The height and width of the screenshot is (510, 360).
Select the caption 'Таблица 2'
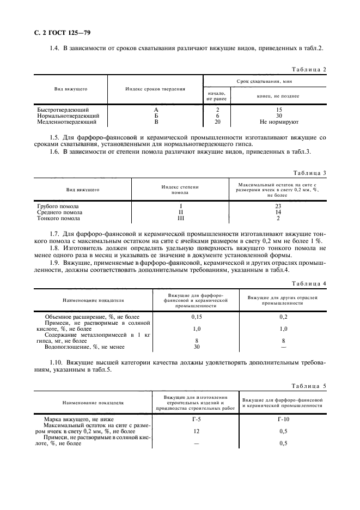click(x=309, y=70)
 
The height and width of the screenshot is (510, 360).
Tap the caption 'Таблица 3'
click(x=309, y=173)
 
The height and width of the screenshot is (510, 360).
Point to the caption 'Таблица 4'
click(x=309, y=284)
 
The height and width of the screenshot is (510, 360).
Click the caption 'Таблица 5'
click(x=309, y=386)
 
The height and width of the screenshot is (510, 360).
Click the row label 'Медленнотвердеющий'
click(x=66, y=123)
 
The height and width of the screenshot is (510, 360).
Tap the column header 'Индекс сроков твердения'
click(x=155, y=88)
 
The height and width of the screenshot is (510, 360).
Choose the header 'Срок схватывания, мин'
click(x=264, y=81)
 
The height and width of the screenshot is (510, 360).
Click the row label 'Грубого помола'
click(x=58, y=207)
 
